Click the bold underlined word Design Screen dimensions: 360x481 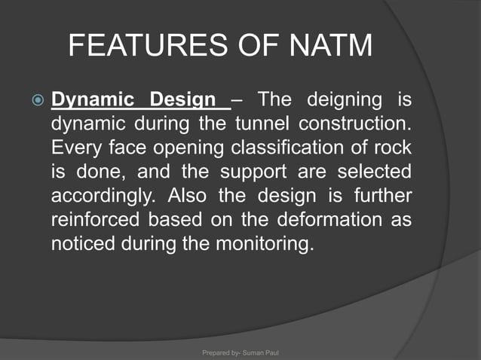click(x=184, y=99)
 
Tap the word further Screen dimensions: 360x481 click(x=379, y=197)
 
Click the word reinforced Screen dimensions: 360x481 click(x=93, y=221)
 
